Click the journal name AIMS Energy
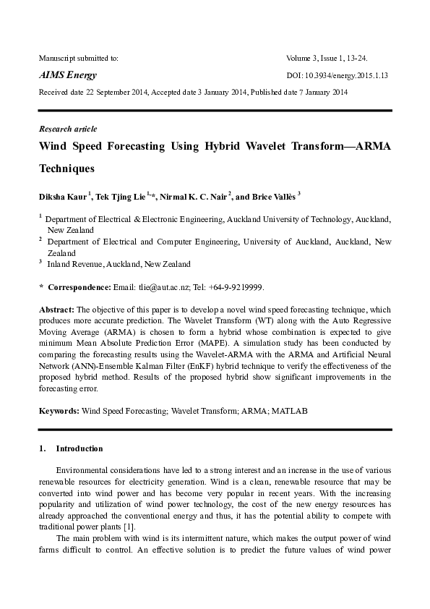(x=67, y=75)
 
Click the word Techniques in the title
(x=66, y=169)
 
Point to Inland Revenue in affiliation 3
(x=74, y=264)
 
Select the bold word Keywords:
(x=59, y=411)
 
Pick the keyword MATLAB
(x=288, y=411)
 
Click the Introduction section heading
(x=79, y=448)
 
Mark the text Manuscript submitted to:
(x=78, y=57)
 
